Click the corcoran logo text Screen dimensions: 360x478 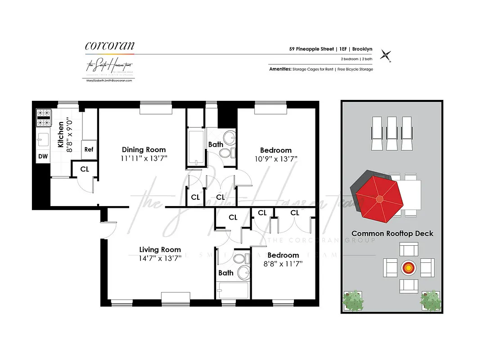[109, 46]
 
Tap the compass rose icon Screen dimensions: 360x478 [385, 55]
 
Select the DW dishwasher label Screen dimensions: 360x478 [43, 156]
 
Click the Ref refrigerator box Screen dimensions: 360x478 [89, 149]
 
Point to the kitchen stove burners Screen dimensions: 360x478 [44, 117]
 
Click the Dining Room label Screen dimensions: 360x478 [144, 150]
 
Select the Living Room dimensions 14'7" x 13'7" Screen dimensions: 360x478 [160, 258]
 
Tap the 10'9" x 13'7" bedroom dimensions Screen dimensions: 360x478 [275, 159]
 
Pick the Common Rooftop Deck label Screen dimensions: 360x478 [392, 234]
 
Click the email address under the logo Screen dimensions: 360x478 [109, 80]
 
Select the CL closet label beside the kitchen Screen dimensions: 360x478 [84, 169]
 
